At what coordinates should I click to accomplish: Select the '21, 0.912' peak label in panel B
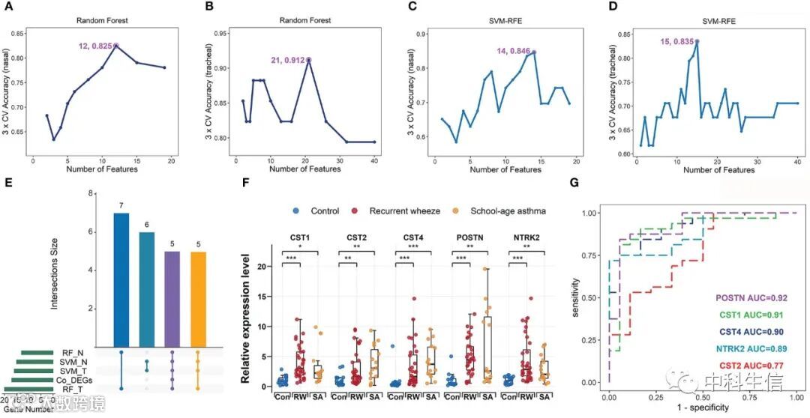tap(288, 60)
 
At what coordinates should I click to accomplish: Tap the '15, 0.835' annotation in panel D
tap(677, 41)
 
